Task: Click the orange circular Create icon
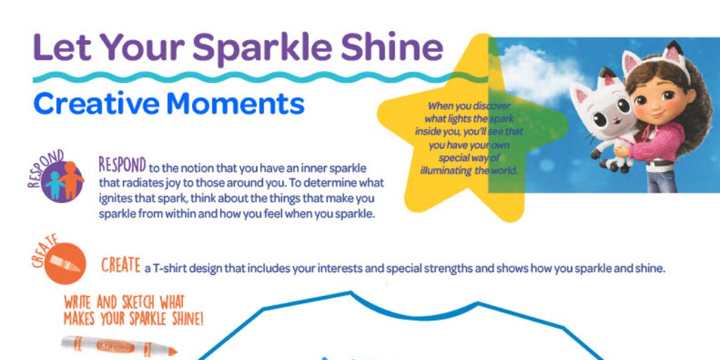click(65, 263)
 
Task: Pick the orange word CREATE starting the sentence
click(120, 266)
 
